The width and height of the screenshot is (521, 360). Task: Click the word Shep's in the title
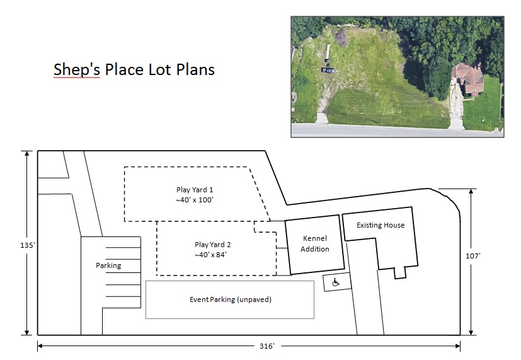77,70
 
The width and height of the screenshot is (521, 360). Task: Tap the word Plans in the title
195,70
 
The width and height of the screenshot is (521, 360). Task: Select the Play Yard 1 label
195,190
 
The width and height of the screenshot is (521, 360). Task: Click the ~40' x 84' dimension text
210,255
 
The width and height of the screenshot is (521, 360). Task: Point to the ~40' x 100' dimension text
195,200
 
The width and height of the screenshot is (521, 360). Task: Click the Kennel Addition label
314,243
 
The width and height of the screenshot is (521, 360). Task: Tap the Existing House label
381,225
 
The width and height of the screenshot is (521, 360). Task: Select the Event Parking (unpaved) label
231,299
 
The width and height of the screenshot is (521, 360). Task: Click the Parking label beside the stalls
108,265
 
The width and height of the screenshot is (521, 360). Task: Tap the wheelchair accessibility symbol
336,282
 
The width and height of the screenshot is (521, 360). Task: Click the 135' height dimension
27,245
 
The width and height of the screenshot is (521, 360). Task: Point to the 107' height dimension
473,256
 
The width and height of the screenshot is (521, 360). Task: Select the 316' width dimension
267,346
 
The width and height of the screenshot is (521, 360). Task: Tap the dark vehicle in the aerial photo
328,70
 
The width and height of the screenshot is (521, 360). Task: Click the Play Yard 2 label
213,245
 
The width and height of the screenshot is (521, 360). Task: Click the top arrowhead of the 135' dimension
27,153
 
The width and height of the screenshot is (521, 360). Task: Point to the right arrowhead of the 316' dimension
458,346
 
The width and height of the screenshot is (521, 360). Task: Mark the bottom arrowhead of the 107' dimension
471,332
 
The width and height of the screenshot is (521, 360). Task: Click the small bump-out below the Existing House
400,272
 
